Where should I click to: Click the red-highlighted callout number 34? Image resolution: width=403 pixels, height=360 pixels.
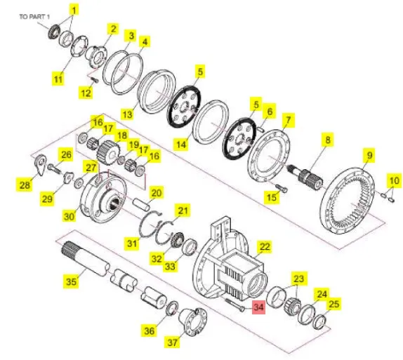[x=258, y=307]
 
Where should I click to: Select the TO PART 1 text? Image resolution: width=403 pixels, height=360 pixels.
[x=34, y=17]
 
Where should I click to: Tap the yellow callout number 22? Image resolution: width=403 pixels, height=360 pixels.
[x=265, y=247]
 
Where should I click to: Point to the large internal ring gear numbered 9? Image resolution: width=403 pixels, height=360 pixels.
[x=348, y=201]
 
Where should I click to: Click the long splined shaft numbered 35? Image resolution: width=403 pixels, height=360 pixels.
[x=86, y=259]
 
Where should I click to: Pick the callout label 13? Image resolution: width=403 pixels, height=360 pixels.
[x=128, y=114]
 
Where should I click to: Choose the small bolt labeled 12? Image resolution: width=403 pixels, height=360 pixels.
[x=95, y=81]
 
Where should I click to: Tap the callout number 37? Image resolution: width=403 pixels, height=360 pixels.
[x=173, y=342]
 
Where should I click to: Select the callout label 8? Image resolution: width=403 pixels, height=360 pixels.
[x=328, y=140]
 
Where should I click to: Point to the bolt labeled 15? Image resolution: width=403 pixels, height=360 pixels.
[x=282, y=187]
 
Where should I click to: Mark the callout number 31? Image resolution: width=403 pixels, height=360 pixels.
[x=132, y=243]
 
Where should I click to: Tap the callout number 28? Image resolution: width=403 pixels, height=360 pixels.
[x=25, y=185]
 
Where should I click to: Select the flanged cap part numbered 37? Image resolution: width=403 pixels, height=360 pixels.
[x=193, y=321]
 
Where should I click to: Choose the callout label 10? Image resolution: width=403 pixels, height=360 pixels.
[x=394, y=180]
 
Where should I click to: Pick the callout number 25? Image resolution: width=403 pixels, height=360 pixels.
[x=334, y=305]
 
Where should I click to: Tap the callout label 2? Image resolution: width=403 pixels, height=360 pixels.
[x=113, y=29]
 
